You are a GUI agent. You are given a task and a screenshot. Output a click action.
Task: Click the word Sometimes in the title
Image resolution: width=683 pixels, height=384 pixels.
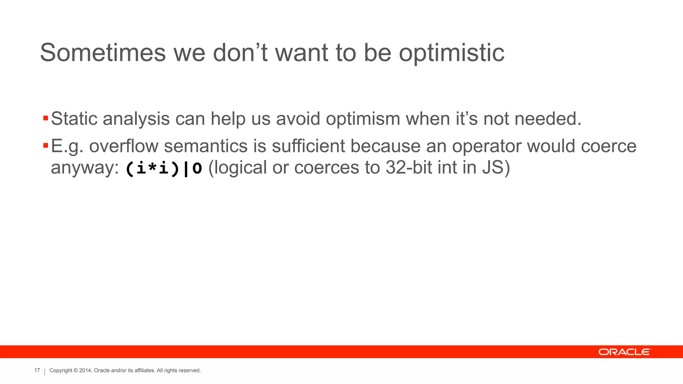103,53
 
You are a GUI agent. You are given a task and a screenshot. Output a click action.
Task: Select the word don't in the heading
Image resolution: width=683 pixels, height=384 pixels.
240,53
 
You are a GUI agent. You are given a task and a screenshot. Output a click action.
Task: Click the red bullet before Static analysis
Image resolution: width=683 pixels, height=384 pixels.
46,118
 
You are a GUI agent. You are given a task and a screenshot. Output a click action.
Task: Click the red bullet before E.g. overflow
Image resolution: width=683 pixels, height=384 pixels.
46,146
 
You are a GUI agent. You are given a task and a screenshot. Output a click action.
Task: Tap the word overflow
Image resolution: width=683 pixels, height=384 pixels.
123,146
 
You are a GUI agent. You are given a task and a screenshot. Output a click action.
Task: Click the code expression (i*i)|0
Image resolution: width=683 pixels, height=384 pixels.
164,168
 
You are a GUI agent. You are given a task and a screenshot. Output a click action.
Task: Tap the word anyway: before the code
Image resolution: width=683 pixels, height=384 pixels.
85,168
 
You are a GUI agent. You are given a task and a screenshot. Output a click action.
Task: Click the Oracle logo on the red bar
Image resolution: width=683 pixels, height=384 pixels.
624,352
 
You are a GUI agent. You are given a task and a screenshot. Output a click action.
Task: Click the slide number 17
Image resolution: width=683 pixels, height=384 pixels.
37,370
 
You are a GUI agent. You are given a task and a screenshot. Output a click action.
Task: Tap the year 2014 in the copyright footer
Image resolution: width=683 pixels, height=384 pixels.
85,370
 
